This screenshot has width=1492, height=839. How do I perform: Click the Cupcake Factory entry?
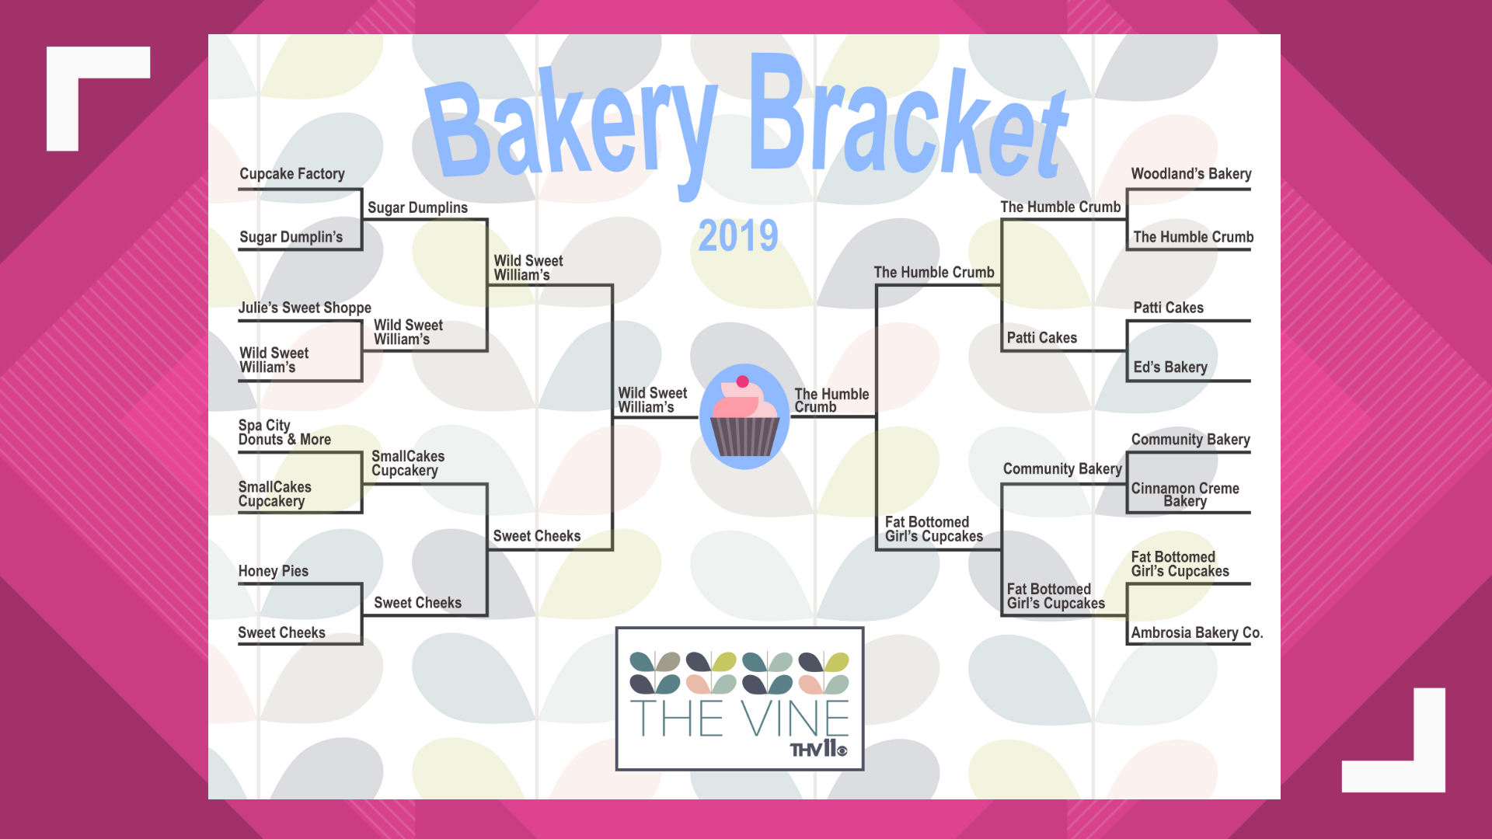291,174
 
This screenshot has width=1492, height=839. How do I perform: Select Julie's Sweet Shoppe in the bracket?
305,308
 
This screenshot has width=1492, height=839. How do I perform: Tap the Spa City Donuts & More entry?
284,433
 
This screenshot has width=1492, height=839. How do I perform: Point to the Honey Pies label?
274,571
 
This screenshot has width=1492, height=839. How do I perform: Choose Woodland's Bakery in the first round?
1190,174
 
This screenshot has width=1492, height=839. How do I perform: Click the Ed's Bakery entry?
1170,367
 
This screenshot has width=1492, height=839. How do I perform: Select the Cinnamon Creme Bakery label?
1185,495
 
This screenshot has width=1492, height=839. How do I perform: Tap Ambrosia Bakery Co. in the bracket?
1197,632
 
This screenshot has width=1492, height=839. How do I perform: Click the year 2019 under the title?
737,235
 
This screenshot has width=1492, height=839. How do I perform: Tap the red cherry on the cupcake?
742,381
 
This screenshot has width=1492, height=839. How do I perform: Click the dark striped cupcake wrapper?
744,437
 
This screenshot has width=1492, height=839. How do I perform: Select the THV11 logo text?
818,749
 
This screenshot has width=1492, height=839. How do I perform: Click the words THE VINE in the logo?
739,718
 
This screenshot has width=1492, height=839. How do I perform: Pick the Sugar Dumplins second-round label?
417,207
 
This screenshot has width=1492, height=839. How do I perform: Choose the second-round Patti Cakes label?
1041,338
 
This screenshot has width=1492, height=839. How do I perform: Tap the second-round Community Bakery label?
1062,469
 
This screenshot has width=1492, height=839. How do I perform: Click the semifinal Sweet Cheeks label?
537,536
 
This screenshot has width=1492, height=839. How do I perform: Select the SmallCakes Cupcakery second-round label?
407,463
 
